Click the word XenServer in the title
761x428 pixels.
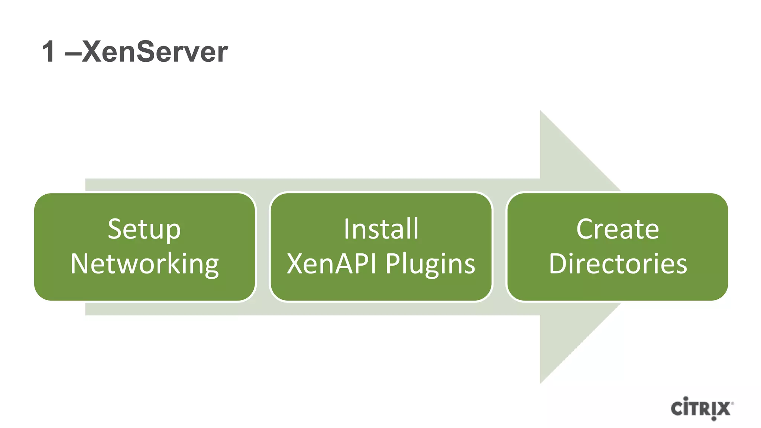154,52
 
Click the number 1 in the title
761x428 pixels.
49,52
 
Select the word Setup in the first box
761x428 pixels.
144,230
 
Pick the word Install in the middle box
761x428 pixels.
381,229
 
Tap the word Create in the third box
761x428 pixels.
618,229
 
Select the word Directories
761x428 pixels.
618,264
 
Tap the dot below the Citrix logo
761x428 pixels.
713,419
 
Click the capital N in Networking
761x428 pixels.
80,264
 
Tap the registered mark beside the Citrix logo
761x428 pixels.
732,403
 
